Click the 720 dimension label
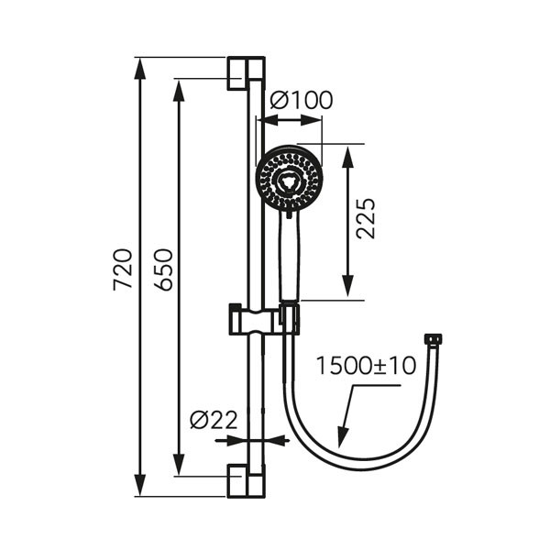(x=123, y=269)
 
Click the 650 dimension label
(x=163, y=269)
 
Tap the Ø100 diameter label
(x=302, y=100)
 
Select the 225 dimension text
(x=366, y=218)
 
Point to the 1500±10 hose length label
(x=366, y=366)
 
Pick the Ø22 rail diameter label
(x=214, y=420)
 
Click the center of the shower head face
(x=289, y=179)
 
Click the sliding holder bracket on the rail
(x=264, y=319)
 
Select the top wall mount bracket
(x=247, y=73)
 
